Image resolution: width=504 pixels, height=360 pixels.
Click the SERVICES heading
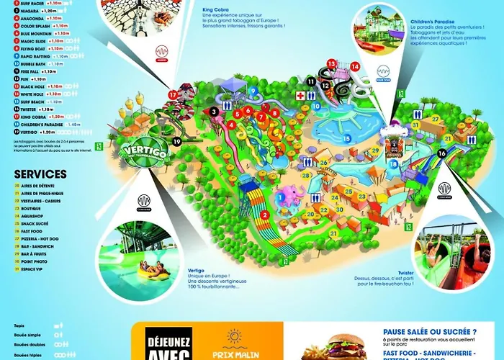(x=40, y=174)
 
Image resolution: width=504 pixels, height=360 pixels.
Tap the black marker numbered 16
(x=441, y=153)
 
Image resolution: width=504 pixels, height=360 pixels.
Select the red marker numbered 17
(x=172, y=94)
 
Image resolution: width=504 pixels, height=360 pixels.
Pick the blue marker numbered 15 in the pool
(x=347, y=138)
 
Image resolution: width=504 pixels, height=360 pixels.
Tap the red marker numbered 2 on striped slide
(x=264, y=215)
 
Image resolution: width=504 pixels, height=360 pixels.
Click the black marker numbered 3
(x=214, y=112)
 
